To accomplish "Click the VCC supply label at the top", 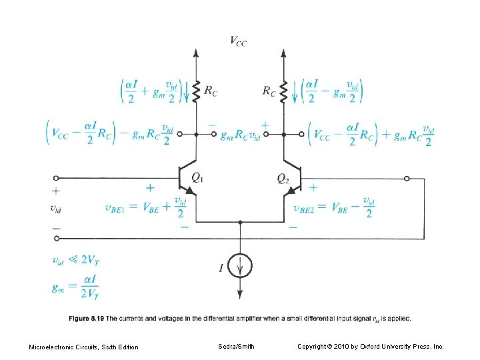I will pyautogui.click(x=238, y=41).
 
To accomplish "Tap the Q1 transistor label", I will pyautogui.click(x=198, y=177).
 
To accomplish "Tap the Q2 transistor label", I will pyautogui.click(x=282, y=177).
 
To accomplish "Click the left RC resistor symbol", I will pyautogui.click(x=196, y=91).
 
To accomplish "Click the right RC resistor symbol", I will pyautogui.click(x=283, y=91).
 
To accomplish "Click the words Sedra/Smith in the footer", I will pyautogui.click(x=236, y=346).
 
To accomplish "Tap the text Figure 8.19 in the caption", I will pyautogui.click(x=86, y=318).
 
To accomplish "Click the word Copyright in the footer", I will pyautogui.click(x=313, y=346).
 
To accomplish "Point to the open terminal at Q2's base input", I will pyautogui.click(x=407, y=179).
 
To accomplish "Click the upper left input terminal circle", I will pyautogui.click(x=56, y=179).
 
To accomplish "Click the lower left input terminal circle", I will pyautogui.click(x=56, y=239).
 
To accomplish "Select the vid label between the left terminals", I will pyautogui.click(x=58, y=208).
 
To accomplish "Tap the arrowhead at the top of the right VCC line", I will pyautogui.click(x=283, y=51).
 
